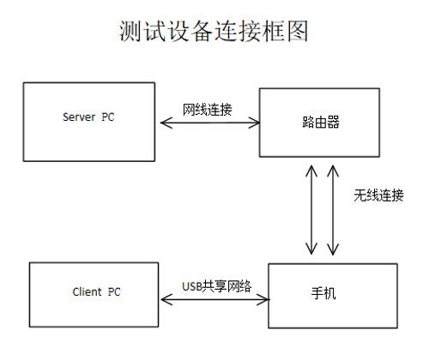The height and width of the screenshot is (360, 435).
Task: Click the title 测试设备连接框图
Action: coord(214,31)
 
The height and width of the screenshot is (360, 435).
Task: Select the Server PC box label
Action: coord(88,117)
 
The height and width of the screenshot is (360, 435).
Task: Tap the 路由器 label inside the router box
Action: coord(321,122)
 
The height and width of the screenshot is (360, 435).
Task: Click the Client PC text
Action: coord(96,291)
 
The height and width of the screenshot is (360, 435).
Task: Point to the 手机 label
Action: coord(323,293)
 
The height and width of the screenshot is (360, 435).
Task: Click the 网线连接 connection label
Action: coord(208,110)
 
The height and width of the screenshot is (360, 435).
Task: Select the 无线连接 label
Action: coord(378,195)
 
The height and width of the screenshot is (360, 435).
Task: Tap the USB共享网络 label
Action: coord(217,286)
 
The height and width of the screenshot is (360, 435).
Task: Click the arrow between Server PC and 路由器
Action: coord(210,123)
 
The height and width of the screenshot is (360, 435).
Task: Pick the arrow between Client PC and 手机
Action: coord(215,299)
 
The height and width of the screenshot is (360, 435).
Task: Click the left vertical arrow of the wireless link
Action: coord(311,210)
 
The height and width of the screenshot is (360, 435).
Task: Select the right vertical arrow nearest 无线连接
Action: coord(333,210)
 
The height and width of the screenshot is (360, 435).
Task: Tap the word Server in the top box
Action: coord(79,117)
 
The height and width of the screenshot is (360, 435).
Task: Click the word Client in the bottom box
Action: coord(87,291)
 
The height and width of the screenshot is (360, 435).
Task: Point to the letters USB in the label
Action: coord(192,286)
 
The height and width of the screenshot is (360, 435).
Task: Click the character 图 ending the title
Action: coord(298,31)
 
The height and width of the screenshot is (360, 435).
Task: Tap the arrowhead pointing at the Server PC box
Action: coord(166,123)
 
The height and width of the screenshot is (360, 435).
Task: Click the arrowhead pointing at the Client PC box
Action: coord(167,299)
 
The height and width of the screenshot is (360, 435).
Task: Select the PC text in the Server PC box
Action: coord(108,117)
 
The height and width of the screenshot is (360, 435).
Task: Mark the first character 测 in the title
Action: coord(130,31)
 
